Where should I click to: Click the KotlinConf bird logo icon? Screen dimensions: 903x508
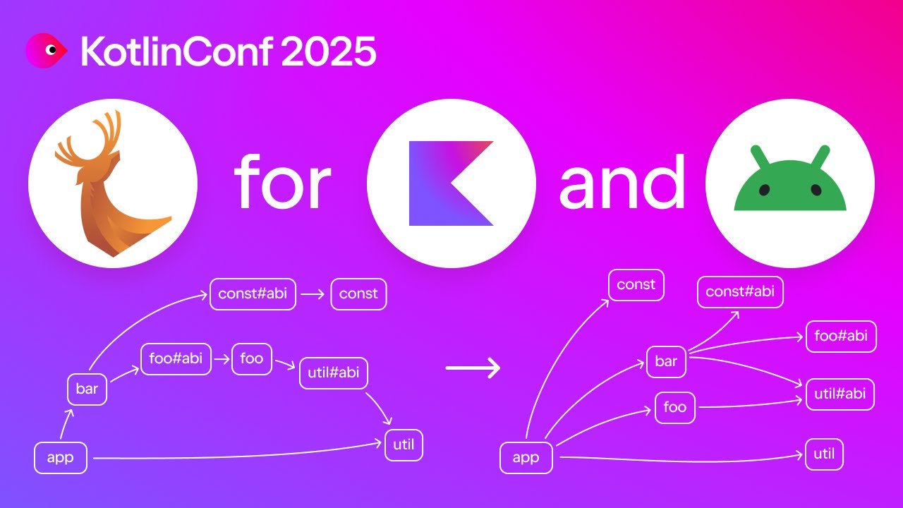click(x=46, y=51)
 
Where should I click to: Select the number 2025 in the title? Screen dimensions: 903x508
click(x=327, y=52)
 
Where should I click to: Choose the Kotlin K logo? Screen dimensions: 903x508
click(x=451, y=183)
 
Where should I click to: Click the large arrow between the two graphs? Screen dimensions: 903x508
click(x=473, y=368)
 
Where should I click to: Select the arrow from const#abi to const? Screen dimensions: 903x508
click(x=313, y=294)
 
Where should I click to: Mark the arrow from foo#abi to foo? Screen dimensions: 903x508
click(x=222, y=359)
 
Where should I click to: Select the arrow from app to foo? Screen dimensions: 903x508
click(x=607, y=423)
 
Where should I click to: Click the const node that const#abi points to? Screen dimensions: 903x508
click(x=358, y=294)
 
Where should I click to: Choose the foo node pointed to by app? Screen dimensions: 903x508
click(x=675, y=408)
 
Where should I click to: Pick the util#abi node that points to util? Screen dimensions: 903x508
click(x=334, y=373)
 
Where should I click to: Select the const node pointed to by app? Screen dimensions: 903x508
click(x=636, y=285)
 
